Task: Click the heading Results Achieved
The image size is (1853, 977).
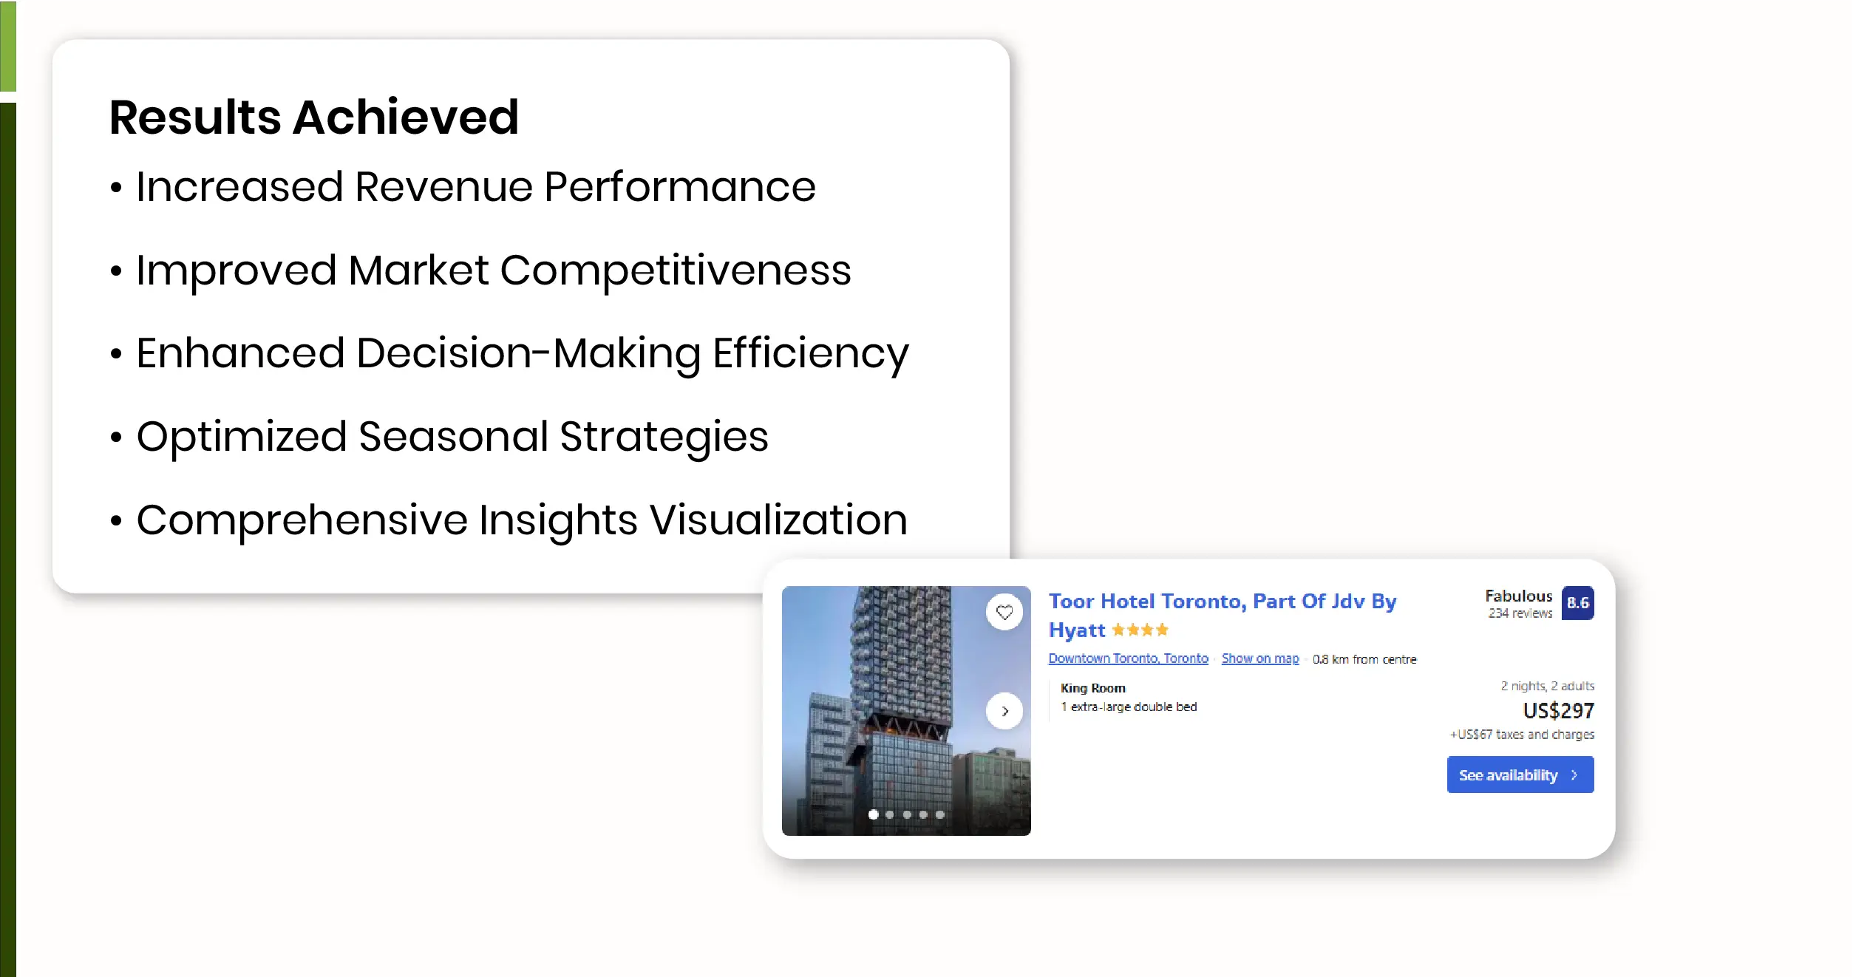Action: click(x=314, y=117)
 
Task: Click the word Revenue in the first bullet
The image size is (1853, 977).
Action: click(x=443, y=186)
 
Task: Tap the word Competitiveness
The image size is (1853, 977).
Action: click(x=676, y=271)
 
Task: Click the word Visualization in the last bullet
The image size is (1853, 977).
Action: click(x=778, y=520)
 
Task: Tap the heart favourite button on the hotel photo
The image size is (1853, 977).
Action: click(x=1004, y=612)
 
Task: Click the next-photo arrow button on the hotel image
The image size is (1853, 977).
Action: click(x=1004, y=711)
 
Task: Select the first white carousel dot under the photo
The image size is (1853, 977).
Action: click(x=874, y=814)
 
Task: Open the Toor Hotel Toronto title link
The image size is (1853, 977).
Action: click(x=1223, y=615)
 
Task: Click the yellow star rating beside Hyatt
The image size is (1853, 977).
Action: click(x=1140, y=630)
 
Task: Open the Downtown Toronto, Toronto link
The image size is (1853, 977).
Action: click(x=1129, y=658)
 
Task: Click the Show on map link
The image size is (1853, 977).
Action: click(x=1260, y=658)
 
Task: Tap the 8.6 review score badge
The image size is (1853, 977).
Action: click(x=1578, y=603)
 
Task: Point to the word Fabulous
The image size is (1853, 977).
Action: click(x=1519, y=596)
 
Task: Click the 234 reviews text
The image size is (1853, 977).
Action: click(x=1520, y=613)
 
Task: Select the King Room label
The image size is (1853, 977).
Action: click(x=1093, y=688)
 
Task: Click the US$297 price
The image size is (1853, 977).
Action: click(x=1559, y=711)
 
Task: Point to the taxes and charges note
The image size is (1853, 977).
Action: click(x=1522, y=735)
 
